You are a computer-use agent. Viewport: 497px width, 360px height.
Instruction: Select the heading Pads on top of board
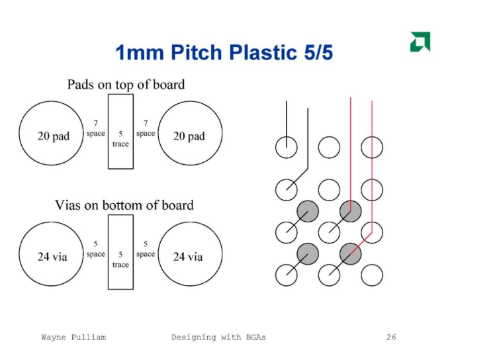[x=126, y=85]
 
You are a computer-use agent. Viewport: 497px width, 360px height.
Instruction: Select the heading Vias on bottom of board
[x=124, y=205]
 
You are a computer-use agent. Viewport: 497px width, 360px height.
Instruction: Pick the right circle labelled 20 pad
[x=189, y=136]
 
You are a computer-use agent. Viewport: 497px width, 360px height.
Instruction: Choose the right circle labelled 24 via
[x=189, y=256]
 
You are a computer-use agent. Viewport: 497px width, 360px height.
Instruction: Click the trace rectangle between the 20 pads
[x=120, y=131]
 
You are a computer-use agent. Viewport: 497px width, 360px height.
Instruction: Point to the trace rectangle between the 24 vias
[x=120, y=251]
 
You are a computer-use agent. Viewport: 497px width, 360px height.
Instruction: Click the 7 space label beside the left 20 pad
[x=96, y=128]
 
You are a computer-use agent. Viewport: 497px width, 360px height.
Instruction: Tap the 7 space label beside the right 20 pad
[x=146, y=128]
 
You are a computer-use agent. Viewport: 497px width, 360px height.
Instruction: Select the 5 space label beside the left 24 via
[x=96, y=249]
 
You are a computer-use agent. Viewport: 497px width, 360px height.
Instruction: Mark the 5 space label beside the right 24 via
[x=146, y=249]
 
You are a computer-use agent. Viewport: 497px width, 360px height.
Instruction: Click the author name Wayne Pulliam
[x=73, y=337]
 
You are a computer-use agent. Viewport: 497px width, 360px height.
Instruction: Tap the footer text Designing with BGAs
[x=218, y=337]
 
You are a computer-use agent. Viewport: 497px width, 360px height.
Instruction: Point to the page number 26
[x=391, y=337]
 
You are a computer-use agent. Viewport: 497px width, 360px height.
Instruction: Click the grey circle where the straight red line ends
[x=350, y=212]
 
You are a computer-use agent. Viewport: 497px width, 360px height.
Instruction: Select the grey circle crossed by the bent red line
[x=350, y=253]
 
